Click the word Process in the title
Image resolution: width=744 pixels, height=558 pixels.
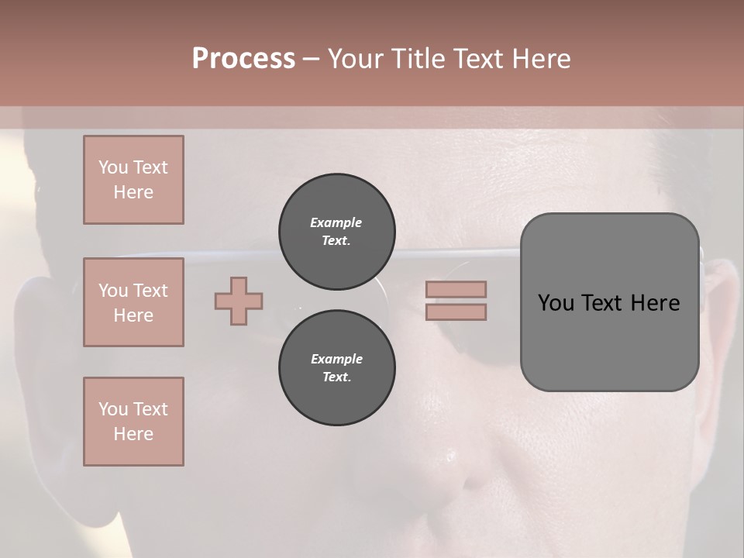(243, 59)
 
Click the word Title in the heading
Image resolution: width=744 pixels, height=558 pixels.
(418, 59)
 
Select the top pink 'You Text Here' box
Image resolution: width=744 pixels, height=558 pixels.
(133, 180)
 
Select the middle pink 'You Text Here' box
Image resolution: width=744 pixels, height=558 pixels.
(133, 302)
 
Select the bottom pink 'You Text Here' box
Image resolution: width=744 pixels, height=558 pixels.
(133, 422)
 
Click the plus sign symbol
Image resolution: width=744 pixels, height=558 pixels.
(239, 301)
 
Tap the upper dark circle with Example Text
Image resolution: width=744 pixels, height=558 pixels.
(336, 232)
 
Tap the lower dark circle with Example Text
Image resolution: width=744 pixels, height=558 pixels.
(336, 368)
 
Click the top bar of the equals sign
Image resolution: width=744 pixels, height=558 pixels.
(456, 289)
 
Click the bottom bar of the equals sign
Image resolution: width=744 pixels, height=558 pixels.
(456, 312)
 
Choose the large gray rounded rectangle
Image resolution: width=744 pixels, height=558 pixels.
(609, 341)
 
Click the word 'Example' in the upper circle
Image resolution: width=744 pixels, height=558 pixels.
(336, 222)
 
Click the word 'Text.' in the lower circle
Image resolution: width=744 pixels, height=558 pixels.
(336, 377)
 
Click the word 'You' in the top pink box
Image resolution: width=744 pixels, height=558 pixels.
(112, 167)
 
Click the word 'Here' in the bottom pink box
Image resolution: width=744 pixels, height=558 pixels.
(133, 434)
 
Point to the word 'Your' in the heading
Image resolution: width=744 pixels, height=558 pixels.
(356, 59)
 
